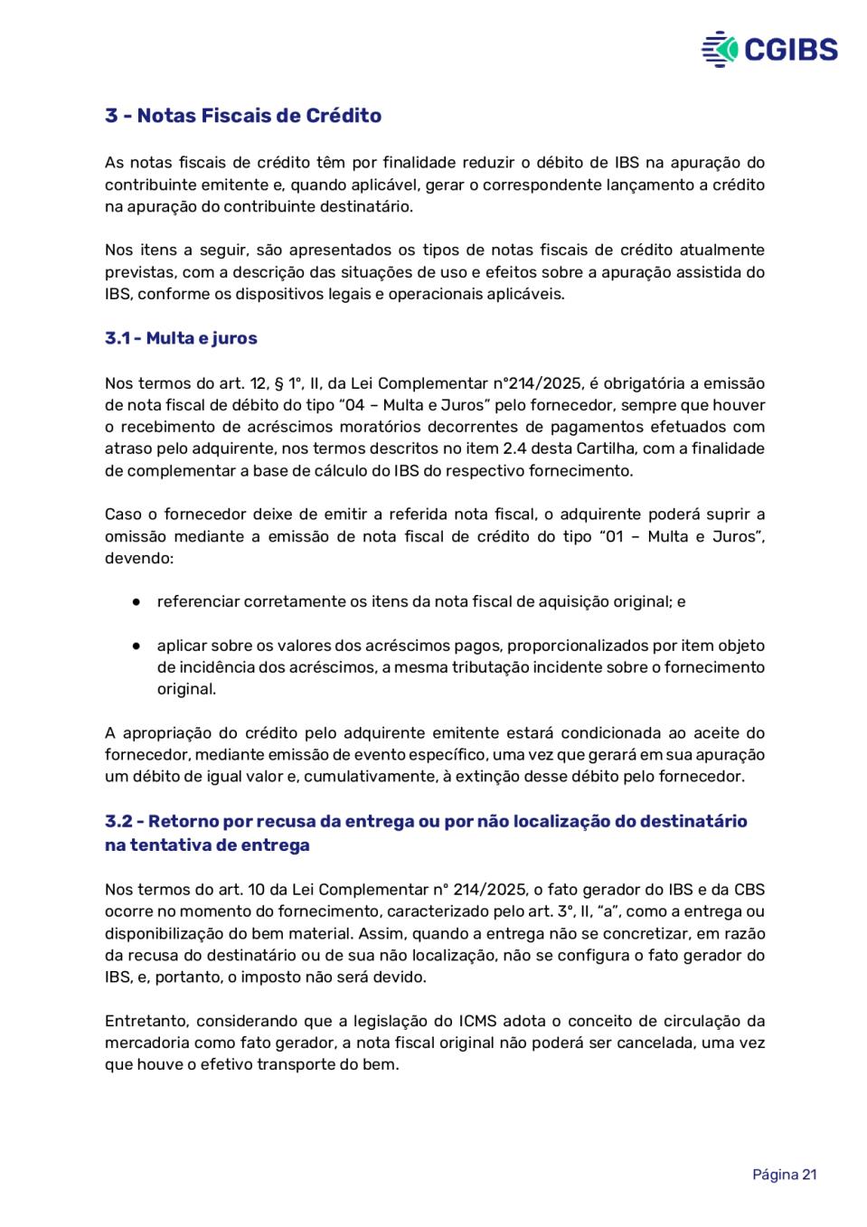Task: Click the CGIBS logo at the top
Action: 769,49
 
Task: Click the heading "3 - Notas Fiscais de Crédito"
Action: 243,116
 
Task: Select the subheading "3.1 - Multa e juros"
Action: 181,338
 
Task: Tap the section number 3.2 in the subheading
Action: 118,821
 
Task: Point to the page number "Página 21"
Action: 784,1174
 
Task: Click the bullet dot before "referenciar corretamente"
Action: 136,601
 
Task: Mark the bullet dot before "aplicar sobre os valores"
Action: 136,646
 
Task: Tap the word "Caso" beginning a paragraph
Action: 123,514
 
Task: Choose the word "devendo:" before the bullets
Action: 138,558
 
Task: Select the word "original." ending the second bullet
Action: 186,689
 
